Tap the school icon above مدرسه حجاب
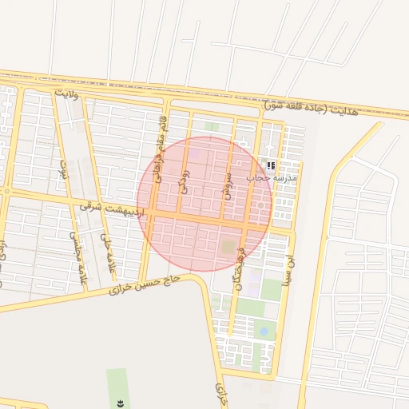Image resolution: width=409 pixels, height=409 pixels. pos(272,165)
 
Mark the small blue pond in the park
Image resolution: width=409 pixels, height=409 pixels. pos(264,331)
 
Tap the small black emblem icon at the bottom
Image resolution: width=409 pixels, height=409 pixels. pos(120,401)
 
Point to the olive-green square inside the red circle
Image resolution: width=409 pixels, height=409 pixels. pos(228,248)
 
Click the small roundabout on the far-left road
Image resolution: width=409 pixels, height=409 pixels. pos(6,192)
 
